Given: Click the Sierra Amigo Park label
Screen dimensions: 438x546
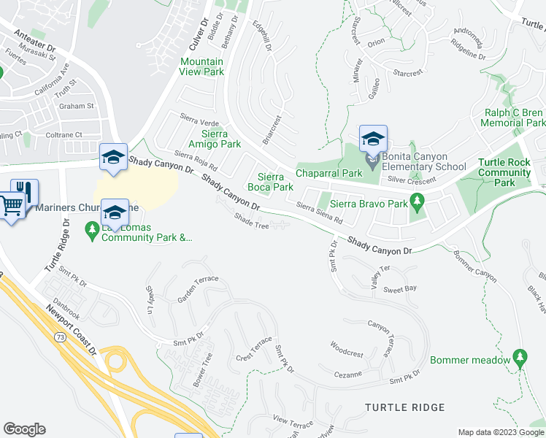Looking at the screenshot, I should [x=215, y=139].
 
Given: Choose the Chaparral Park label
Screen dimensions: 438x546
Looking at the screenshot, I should [x=328, y=173].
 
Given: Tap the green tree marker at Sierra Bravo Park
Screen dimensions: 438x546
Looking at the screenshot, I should [x=417, y=200].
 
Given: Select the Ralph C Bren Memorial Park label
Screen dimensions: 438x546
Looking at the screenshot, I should [x=515, y=118].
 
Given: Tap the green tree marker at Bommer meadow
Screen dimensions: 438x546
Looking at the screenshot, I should [x=520, y=357].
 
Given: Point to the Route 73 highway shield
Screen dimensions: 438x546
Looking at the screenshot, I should [x=59, y=337].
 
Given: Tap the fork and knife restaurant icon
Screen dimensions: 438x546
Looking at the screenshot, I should [x=26, y=191].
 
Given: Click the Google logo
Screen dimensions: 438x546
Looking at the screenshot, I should [x=24, y=429].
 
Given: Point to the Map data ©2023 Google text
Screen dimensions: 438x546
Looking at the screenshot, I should [x=501, y=432].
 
